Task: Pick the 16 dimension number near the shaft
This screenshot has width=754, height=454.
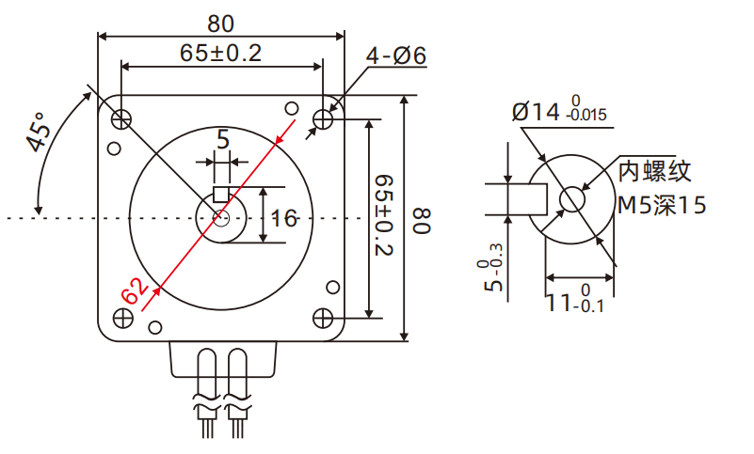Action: coord(283,219)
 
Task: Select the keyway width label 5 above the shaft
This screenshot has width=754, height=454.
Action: coord(223,140)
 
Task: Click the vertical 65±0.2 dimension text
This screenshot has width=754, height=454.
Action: coord(383,215)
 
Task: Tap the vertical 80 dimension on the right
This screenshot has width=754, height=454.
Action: coord(422,222)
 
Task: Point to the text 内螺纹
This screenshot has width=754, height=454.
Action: coord(654,171)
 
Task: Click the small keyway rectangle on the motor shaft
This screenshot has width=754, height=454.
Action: coord(222,195)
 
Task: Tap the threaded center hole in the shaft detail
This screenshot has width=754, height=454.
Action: coord(572,199)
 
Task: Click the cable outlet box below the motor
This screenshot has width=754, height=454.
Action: coord(223,358)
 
